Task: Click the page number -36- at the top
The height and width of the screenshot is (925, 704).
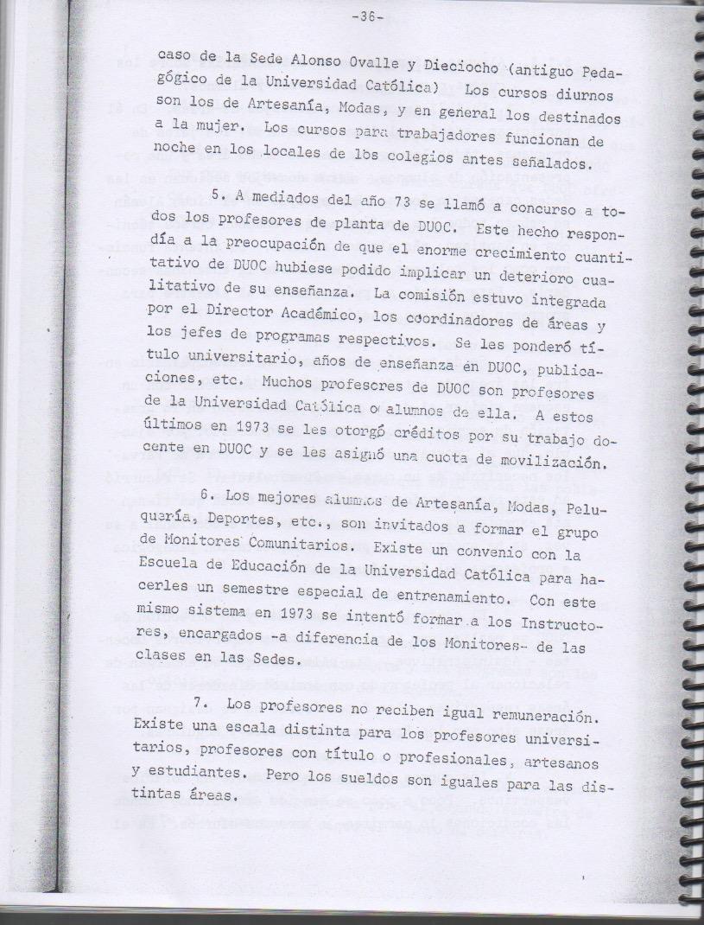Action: click(x=370, y=19)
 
